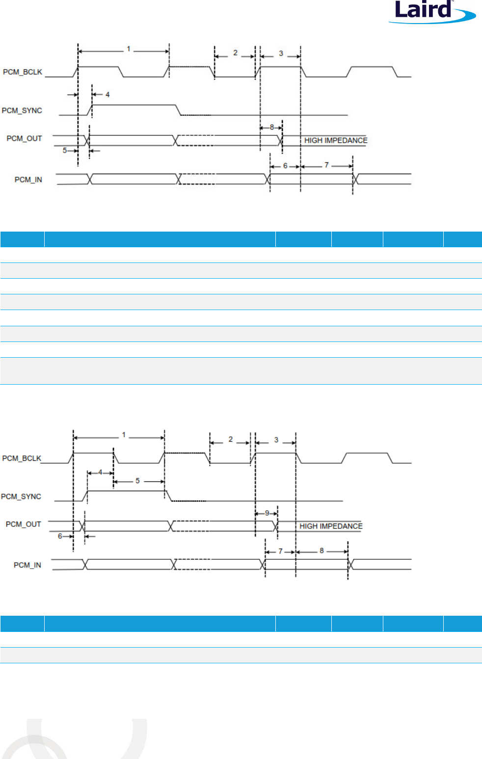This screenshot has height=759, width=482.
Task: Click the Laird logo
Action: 432,11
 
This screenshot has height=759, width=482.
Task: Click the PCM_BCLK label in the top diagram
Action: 23,72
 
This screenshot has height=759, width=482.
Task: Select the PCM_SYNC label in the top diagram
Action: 22,110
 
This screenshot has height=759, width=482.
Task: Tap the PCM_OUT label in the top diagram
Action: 24,138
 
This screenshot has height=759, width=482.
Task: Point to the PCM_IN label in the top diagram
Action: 28,180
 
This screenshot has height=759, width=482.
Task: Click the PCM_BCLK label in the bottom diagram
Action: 22,458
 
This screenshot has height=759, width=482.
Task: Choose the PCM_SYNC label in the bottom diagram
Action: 21,497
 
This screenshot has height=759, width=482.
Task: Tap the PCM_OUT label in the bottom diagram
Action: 23,524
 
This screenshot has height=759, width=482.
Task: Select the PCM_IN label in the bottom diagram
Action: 27,565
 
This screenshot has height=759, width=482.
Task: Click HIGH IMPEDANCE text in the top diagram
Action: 336,140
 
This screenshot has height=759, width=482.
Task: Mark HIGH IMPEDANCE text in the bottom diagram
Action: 331,526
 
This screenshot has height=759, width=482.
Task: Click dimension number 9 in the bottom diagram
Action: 267,513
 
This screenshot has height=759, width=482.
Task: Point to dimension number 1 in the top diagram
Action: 129,49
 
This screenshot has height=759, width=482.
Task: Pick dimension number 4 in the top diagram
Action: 107,94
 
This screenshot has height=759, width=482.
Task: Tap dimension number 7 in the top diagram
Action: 326,165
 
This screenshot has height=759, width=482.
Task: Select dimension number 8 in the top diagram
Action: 272,128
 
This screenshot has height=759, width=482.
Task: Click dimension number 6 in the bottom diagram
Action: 60,536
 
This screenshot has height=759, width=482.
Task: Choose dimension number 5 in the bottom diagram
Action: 137,481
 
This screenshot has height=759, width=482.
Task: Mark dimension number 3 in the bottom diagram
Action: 276,440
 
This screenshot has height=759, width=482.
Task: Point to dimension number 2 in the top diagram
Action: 235,53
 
